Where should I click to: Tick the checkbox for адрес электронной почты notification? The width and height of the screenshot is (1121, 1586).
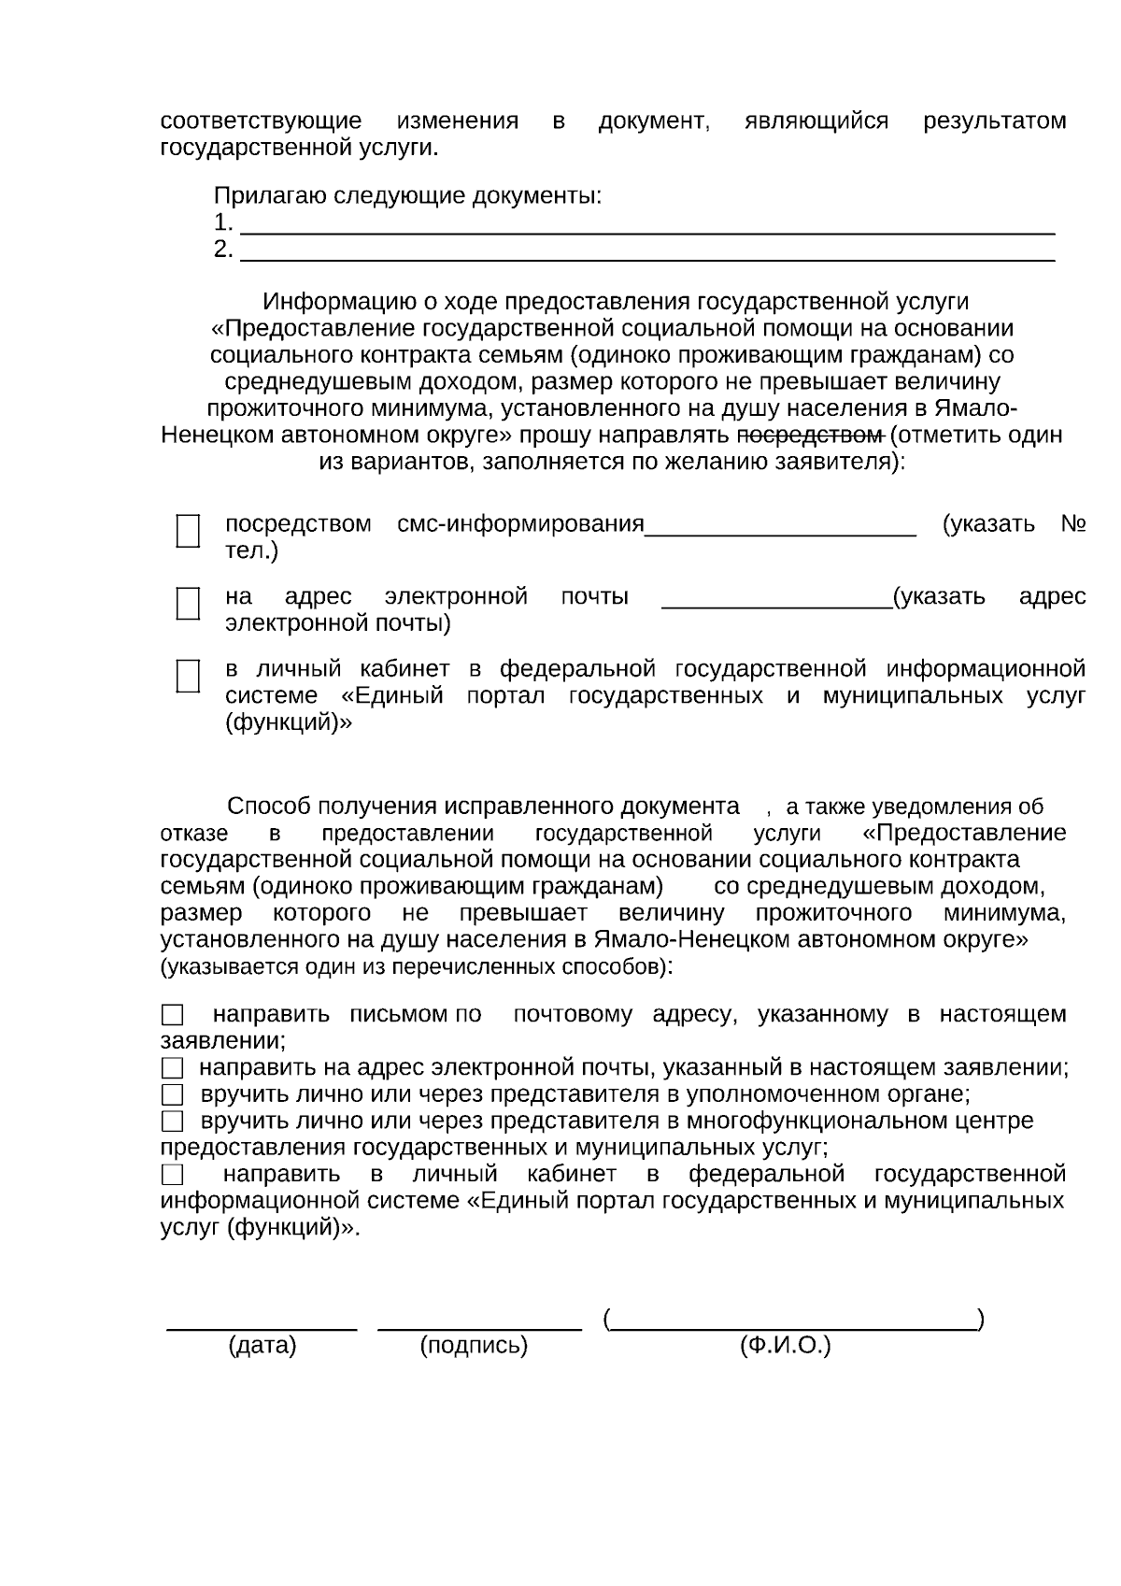(188, 604)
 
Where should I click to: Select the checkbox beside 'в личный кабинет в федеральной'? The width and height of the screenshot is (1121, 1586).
(188, 676)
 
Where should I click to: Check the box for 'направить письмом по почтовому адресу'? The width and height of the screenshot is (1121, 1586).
(172, 1015)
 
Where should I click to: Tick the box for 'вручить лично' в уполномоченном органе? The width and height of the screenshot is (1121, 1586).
(172, 1094)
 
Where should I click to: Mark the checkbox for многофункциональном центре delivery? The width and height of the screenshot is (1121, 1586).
(172, 1121)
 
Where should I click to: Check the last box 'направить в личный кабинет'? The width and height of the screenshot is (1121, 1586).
(172, 1174)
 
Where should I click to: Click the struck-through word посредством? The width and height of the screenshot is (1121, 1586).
(810, 436)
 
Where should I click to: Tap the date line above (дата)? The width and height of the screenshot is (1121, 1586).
(262, 1324)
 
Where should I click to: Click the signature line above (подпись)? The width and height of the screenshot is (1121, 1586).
(479, 1324)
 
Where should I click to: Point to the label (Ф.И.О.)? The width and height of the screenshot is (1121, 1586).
(785, 1346)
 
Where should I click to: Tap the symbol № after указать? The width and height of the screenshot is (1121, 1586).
(1072, 523)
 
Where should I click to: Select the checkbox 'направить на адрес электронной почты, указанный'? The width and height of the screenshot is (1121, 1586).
(172, 1068)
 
